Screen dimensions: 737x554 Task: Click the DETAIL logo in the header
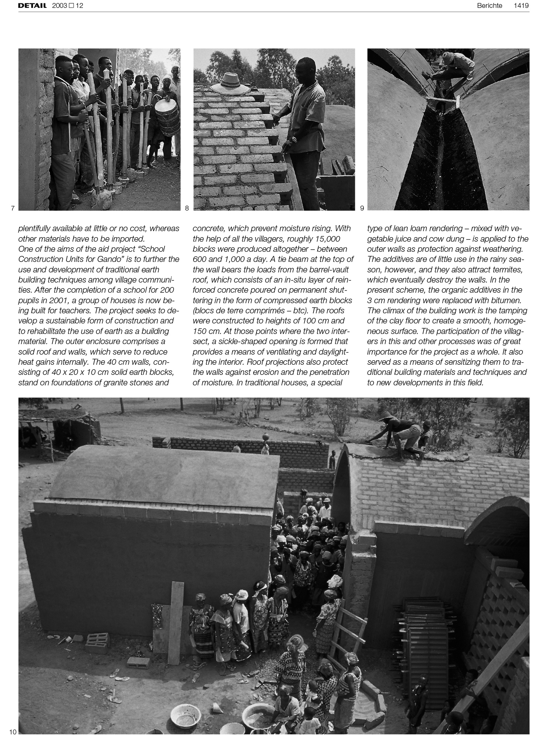tap(32, 6)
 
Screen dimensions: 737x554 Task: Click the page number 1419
tap(521, 6)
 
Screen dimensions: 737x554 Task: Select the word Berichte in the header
tap(489, 6)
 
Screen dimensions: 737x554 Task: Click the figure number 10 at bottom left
tap(13, 732)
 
